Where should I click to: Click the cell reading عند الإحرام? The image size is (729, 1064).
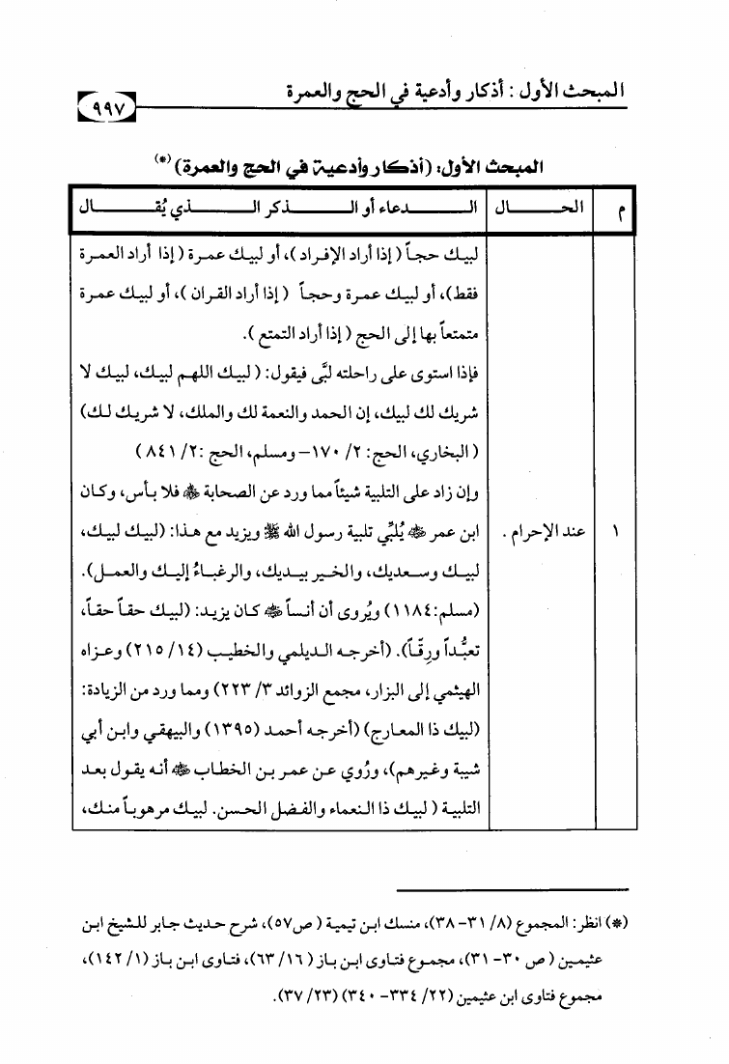click(x=547, y=531)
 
